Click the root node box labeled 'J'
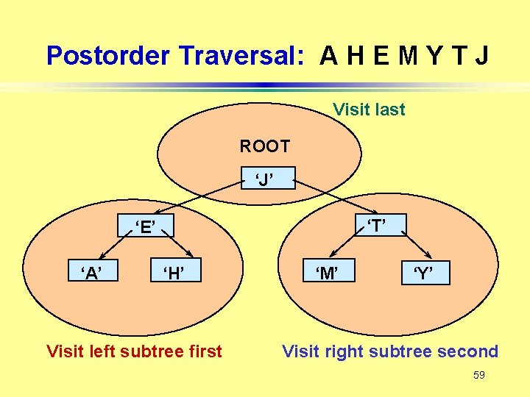click(x=265, y=178)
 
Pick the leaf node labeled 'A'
click(x=92, y=273)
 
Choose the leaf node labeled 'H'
click(x=174, y=273)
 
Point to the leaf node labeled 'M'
click(x=327, y=273)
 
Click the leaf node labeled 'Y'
click(x=423, y=274)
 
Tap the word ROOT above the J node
click(x=265, y=146)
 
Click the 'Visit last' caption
click(x=369, y=110)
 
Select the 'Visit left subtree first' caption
click(x=134, y=351)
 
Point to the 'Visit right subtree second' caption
click(x=390, y=351)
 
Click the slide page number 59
click(x=479, y=375)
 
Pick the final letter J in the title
click(x=481, y=56)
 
